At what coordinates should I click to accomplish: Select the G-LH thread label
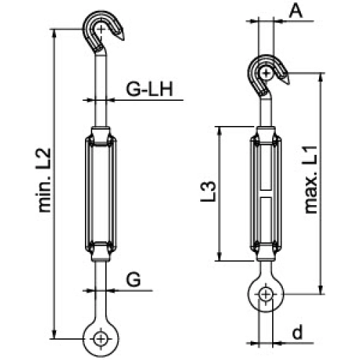(150, 89)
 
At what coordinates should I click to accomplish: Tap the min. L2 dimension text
(45, 180)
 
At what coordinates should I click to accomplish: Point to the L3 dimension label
(208, 192)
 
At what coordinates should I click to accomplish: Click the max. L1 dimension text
(310, 179)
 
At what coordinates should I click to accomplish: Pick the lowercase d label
(297, 332)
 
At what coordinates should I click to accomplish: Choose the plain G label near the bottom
(134, 279)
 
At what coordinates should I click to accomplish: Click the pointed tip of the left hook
(124, 40)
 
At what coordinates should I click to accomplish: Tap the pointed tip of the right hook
(289, 84)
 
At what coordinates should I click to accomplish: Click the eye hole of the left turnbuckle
(100, 339)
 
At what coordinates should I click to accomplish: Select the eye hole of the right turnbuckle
(266, 294)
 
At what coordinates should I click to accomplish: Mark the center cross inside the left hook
(102, 30)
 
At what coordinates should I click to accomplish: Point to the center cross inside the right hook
(266, 73)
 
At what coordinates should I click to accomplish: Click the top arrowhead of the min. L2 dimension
(55, 33)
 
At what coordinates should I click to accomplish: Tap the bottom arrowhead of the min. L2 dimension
(55, 335)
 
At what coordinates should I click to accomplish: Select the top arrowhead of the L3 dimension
(220, 130)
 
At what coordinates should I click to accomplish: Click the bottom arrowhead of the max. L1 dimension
(321, 289)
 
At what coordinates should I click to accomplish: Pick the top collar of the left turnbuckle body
(101, 133)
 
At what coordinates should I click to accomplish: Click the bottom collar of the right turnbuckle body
(266, 254)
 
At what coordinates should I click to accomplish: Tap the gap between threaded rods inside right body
(266, 194)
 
